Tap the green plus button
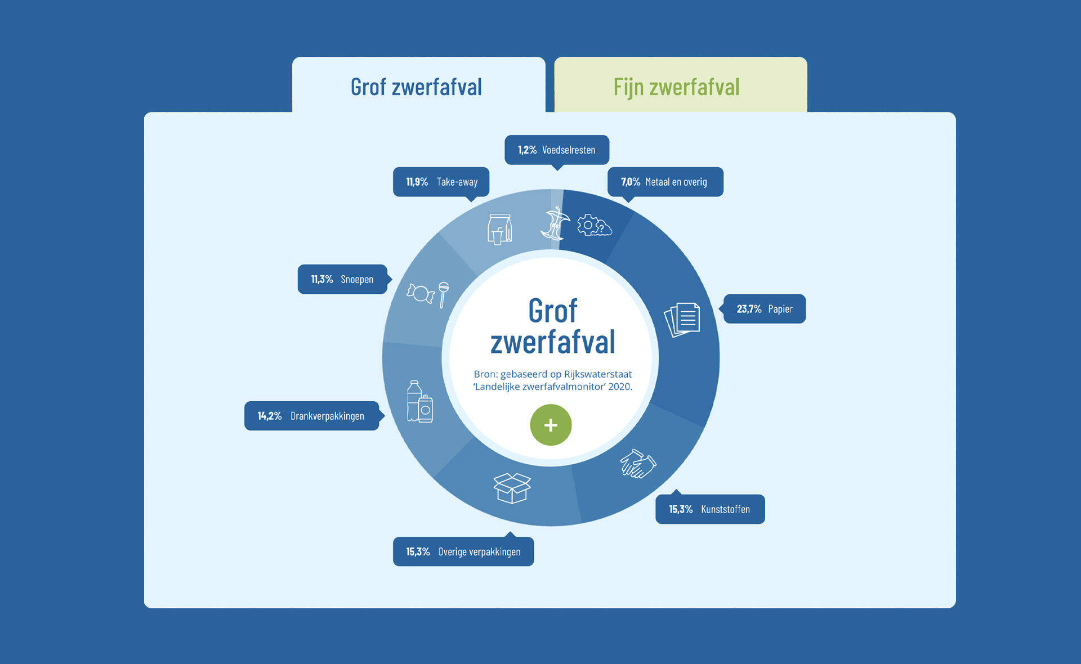click(x=551, y=425)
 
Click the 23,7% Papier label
click(x=764, y=309)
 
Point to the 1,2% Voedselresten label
click(x=556, y=150)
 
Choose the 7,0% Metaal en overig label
click(x=665, y=182)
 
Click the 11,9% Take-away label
click(x=441, y=182)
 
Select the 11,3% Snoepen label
click(x=342, y=279)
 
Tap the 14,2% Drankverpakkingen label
click(x=311, y=416)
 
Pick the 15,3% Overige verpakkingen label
click(x=463, y=551)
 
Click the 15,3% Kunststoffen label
click(x=709, y=509)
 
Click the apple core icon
click(x=555, y=223)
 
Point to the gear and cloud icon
click(x=594, y=225)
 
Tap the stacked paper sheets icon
click(x=682, y=319)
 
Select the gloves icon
click(x=638, y=464)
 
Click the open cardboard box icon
click(x=512, y=487)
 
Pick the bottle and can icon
click(x=419, y=402)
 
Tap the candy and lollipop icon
click(x=428, y=294)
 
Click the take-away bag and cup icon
click(x=499, y=229)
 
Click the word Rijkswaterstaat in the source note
click(x=598, y=374)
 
